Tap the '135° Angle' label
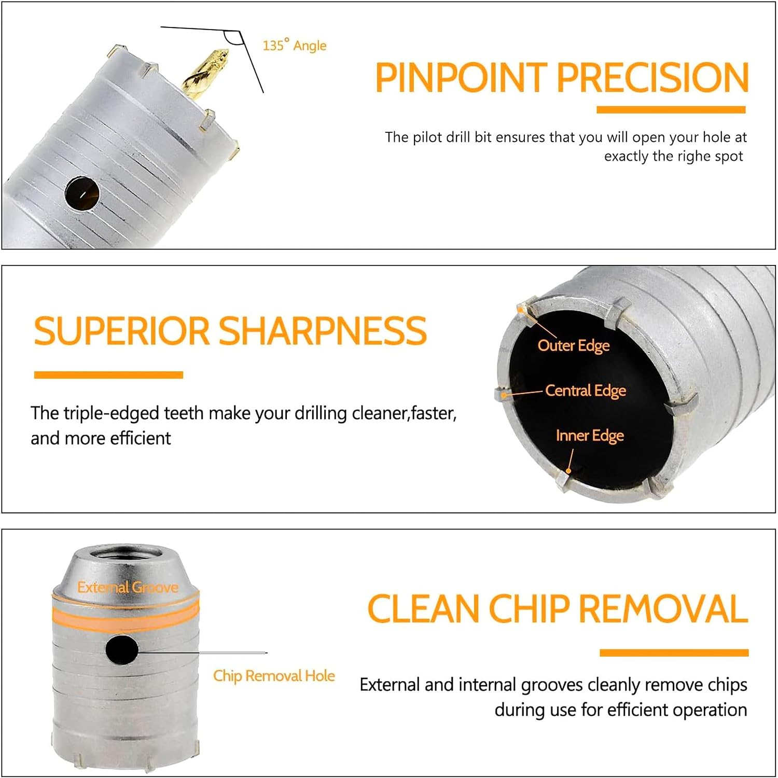295,45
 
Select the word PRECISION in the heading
653,77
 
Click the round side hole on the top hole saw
82,193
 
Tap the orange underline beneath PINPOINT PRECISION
671,109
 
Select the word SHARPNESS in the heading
323,331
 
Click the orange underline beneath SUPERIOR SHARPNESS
108,375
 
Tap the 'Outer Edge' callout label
574,346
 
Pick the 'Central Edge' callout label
586,391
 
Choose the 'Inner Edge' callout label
590,436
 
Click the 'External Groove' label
128,587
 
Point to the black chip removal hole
121,649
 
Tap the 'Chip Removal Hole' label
274,676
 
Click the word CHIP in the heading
530,608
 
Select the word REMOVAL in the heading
663,608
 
